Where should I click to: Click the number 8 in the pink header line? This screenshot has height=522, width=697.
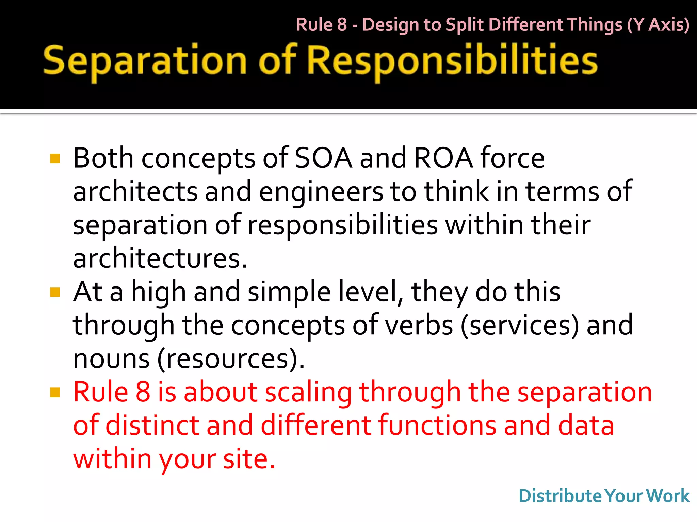(x=342, y=24)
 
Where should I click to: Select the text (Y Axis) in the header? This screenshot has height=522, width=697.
(x=658, y=24)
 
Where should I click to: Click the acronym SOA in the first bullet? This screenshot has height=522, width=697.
(x=323, y=158)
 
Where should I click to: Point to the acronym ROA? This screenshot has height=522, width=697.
(x=443, y=158)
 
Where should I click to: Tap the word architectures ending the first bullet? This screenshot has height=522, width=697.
(x=160, y=258)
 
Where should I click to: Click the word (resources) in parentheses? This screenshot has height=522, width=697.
(x=230, y=359)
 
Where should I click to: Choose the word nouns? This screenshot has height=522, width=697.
(x=111, y=359)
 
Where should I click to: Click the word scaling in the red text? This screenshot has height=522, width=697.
(x=308, y=392)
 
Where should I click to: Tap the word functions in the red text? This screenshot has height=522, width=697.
(x=437, y=425)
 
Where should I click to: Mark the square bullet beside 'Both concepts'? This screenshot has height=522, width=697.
(x=55, y=158)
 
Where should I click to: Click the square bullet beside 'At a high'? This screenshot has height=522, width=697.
(x=55, y=292)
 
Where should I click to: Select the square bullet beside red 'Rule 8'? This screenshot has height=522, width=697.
(x=55, y=393)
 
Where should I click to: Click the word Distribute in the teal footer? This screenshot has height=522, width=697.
(x=560, y=496)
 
